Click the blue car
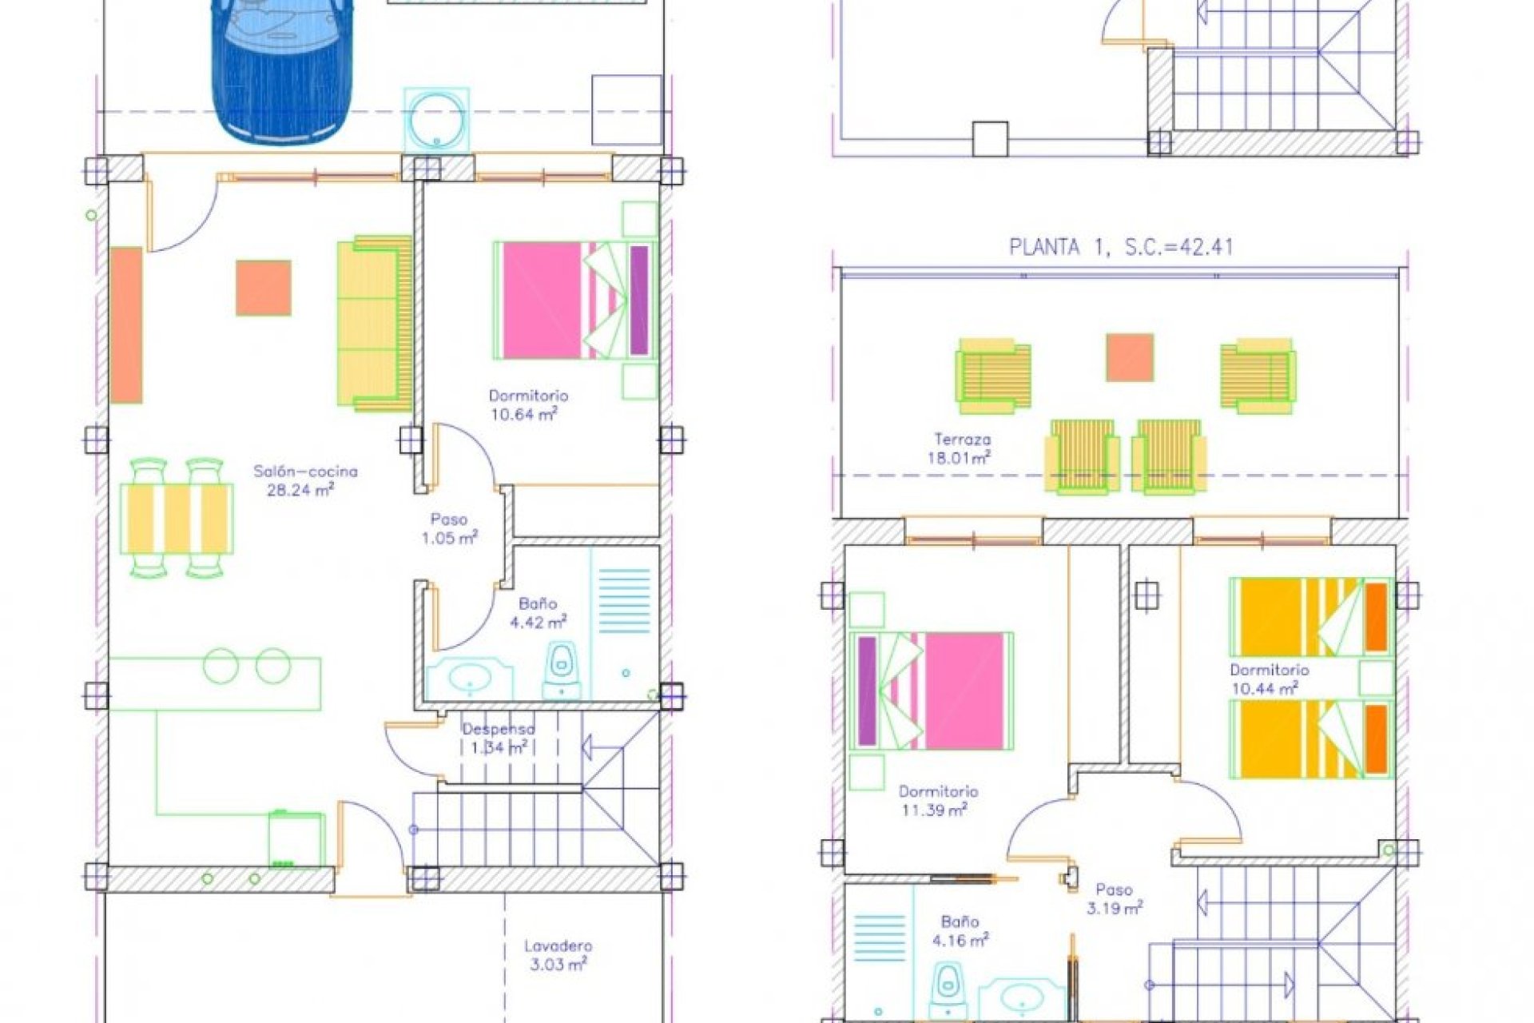tap(281, 68)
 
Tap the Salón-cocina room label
tap(305, 472)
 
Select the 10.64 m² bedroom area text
tap(523, 414)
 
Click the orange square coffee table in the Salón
tap(263, 288)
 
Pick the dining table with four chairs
tap(177, 518)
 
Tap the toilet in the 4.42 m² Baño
tap(562, 670)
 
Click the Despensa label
tap(499, 729)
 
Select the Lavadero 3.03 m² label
tap(558, 955)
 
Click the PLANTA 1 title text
tap(1121, 247)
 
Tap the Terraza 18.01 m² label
tap(962, 448)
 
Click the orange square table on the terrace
tap(1129, 357)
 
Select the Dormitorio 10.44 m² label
tap(1269, 679)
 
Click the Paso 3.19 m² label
tap(1114, 899)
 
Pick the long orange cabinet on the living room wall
tap(126, 324)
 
